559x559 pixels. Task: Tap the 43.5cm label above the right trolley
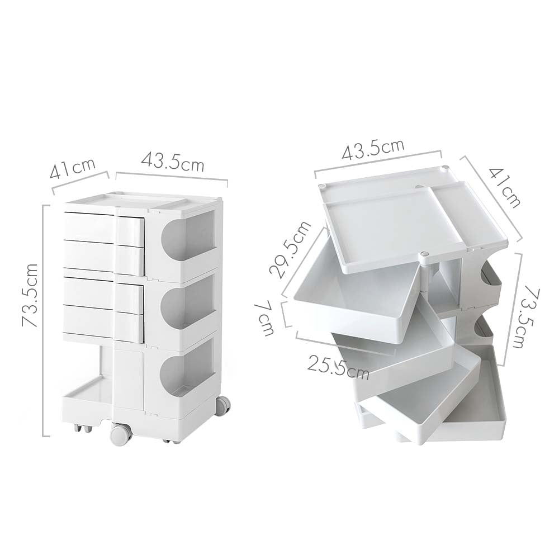373,149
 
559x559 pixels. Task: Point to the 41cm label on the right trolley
506,186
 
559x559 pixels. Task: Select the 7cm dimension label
266,319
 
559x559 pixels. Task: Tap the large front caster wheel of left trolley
121,434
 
